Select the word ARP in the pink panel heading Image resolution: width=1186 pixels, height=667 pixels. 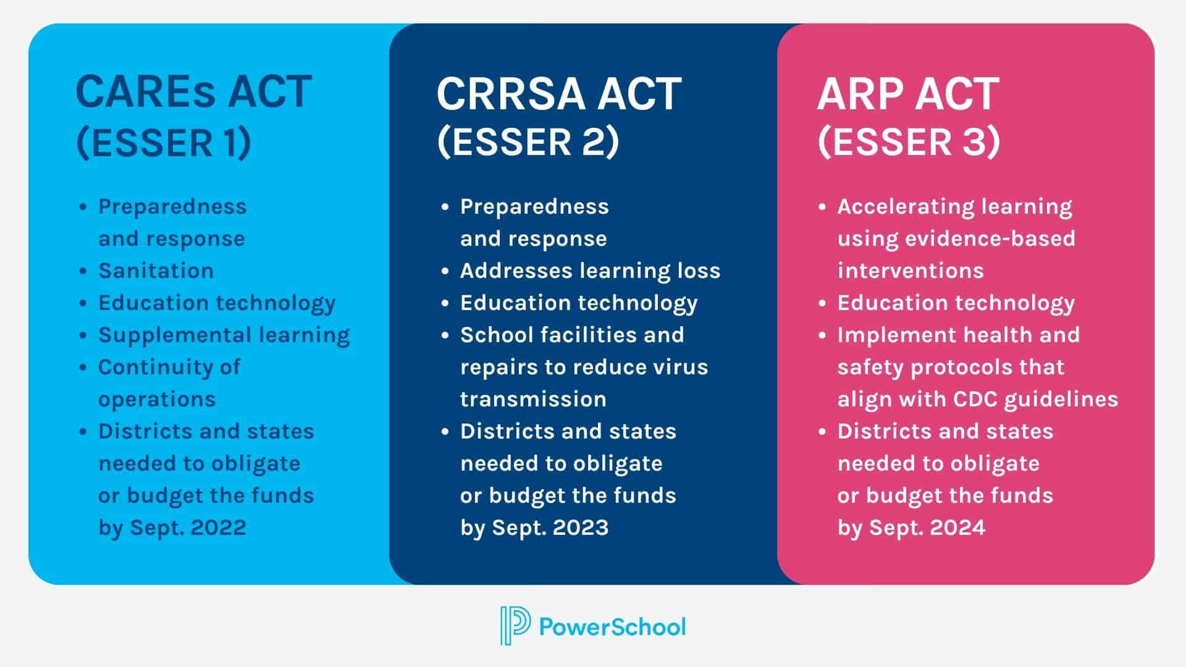point(857,94)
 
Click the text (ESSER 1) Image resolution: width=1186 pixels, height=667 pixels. point(164,143)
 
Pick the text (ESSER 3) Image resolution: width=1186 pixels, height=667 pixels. point(908,142)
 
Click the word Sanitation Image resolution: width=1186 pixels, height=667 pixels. point(156,271)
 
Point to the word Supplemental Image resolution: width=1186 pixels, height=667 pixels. point(174,335)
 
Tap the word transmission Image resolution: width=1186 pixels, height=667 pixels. point(533,399)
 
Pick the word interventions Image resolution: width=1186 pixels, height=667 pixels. point(911,271)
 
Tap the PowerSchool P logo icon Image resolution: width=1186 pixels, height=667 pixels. point(515,626)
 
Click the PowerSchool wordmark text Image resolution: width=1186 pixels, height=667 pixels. point(612,627)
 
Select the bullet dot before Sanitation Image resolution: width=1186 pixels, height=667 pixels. point(83,271)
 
